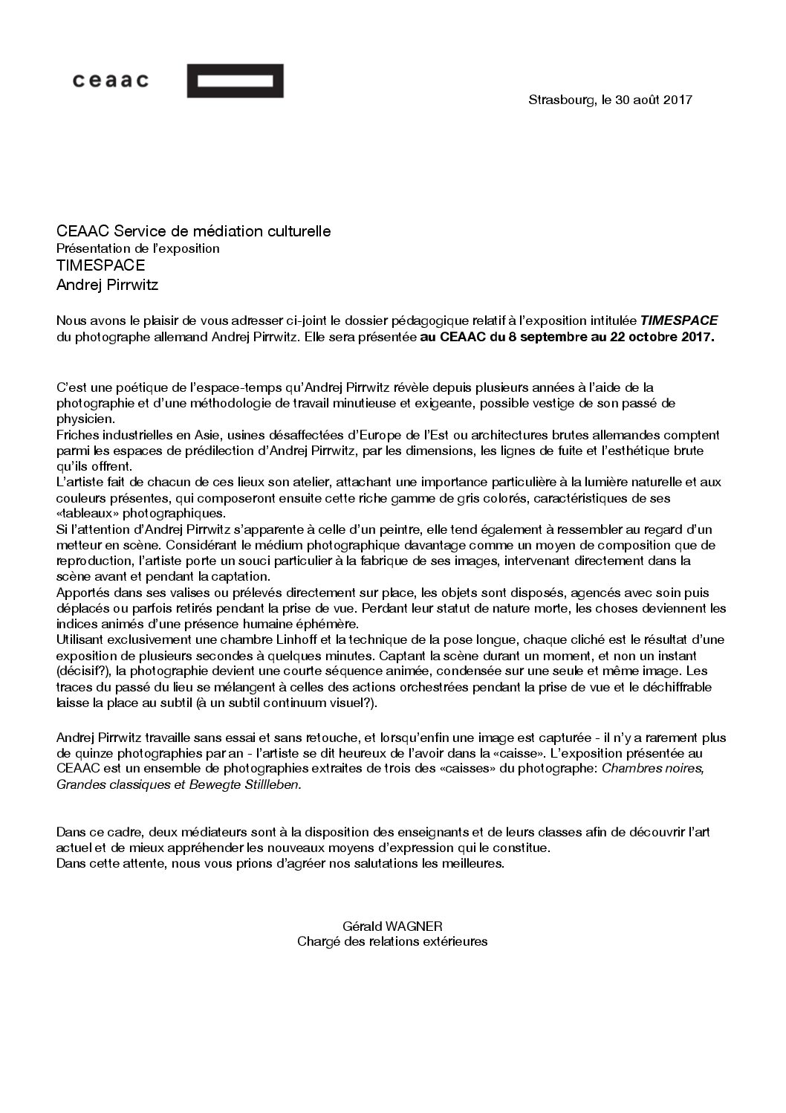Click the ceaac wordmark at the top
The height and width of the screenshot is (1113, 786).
click(x=111, y=81)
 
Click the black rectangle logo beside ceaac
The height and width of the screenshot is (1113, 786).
click(x=235, y=81)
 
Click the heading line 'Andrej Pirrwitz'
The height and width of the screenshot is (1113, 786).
click(x=108, y=284)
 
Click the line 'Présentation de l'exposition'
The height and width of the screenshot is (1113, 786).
click(x=138, y=248)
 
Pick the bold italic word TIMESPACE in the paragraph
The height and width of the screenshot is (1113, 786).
click(x=680, y=320)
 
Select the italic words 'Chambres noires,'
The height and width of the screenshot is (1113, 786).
click(x=652, y=768)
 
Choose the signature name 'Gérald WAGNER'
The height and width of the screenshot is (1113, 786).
click(x=392, y=926)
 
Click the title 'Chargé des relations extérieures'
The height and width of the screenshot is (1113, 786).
click(x=392, y=941)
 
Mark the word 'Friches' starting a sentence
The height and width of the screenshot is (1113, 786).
click(x=77, y=434)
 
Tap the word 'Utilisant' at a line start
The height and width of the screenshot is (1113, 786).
click(x=80, y=639)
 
